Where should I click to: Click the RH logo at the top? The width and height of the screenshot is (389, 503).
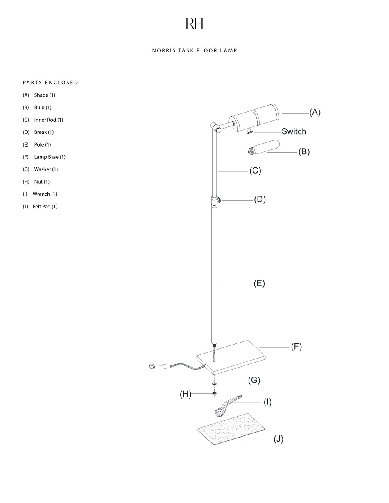click(194, 24)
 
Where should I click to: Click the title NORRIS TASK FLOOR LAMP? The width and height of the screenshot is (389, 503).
click(194, 50)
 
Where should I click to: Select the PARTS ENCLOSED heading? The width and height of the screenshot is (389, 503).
click(50, 82)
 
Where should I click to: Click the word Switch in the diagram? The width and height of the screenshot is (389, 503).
click(294, 131)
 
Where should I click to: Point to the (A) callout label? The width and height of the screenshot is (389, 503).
click(314, 112)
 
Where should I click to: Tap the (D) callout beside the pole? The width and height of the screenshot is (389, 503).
click(260, 199)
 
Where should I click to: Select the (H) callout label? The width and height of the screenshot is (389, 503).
click(185, 394)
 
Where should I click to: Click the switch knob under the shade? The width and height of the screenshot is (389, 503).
click(249, 131)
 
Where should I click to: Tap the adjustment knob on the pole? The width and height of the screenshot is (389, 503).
click(219, 200)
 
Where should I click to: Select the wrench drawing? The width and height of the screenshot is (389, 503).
click(226, 406)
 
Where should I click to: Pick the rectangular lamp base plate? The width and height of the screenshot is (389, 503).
click(232, 356)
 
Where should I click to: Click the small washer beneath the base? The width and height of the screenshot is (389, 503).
click(214, 384)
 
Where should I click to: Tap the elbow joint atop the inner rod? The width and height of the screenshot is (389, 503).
click(216, 127)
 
